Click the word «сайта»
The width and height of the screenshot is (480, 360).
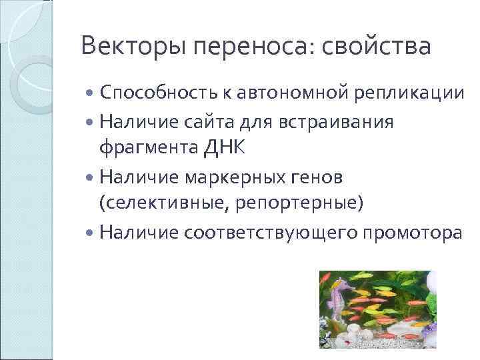point(202,123)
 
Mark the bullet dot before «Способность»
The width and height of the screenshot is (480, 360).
point(91,94)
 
